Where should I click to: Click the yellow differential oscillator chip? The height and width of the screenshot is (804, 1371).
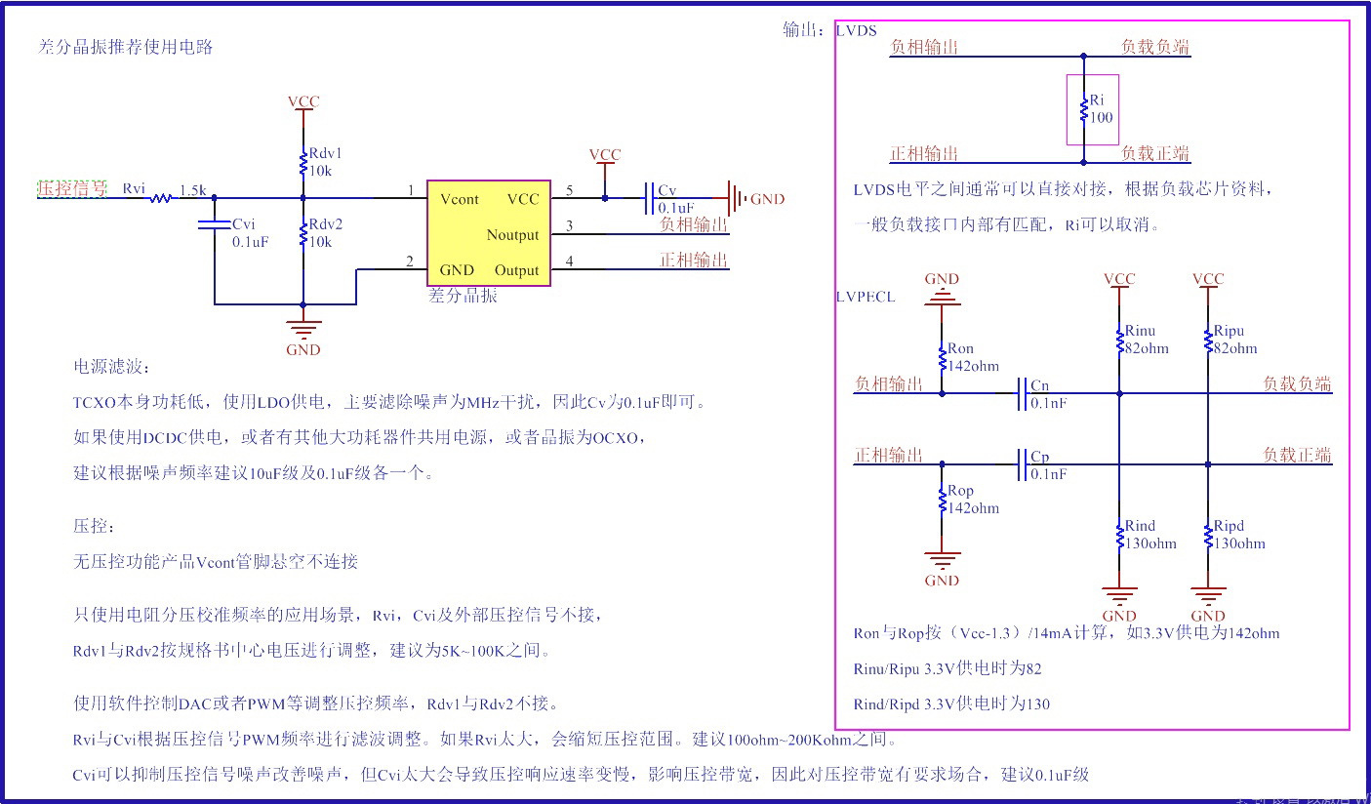pyautogui.click(x=488, y=233)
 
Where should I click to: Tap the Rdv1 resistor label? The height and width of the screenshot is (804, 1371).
pyautogui.click(x=325, y=154)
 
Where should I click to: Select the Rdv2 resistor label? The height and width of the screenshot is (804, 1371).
pyautogui.click(x=325, y=224)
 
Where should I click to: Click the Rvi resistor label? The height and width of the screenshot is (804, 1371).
pyautogui.click(x=134, y=188)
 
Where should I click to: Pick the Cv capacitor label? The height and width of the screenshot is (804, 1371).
pyautogui.click(x=667, y=190)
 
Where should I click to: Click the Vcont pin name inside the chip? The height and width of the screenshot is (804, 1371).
pyautogui.click(x=459, y=199)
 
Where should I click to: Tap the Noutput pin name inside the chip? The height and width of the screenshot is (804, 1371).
pyautogui.click(x=512, y=235)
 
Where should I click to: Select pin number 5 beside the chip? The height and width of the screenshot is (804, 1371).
pyautogui.click(x=569, y=189)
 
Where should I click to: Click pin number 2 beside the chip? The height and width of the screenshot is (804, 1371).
pyautogui.click(x=410, y=261)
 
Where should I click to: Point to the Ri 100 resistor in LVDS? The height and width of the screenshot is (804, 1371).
pyautogui.click(x=1083, y=109)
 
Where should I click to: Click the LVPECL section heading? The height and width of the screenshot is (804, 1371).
pyautogui.click(x=866, y=297)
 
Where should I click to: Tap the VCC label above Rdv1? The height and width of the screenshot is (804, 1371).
pyautogui.click(x=303, y=101)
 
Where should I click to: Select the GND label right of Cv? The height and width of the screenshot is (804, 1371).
pyautogui.click(x=767, y=199)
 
